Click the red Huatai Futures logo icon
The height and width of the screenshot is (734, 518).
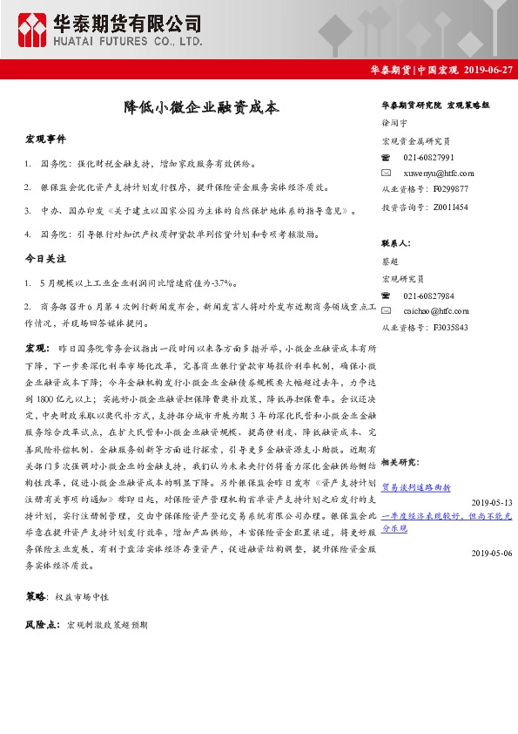pos(34,31)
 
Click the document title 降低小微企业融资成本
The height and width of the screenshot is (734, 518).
pos(201,108)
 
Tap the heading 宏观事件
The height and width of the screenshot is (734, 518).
pos(45,139)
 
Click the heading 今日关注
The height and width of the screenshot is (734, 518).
pos(45,259)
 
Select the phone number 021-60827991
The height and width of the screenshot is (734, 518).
pos(428,157)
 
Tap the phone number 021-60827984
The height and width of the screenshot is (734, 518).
pos(428,295)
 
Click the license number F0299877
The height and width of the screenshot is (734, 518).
pos(449,189)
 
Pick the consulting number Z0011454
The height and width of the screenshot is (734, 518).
pos(449,207)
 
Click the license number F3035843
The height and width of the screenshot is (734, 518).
pos(449,327)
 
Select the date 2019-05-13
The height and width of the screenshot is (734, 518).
pos(492,503)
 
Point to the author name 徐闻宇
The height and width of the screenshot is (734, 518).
pos(394,124)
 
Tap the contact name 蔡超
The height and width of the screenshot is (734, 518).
pos(389,262)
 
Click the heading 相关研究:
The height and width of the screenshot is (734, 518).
pos(400,462)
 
